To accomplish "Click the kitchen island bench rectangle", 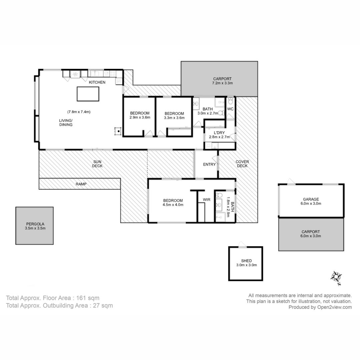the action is pos(88,94).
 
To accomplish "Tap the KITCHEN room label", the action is pos(97,82).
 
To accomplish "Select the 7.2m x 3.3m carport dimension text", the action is pos(222,83).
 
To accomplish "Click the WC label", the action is pos(230,109).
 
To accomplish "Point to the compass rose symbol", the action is pos(336,277).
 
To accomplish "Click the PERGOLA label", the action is pos(35,224).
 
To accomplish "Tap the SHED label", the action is pos(246,261).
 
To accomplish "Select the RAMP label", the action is pos(81,184).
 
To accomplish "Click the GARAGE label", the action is pos(311,199).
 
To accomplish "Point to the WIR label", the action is pos(207,200).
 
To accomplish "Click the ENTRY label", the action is pos(209,164).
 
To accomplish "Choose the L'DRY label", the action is pos(219,133).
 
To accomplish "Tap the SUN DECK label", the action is pos(97,164).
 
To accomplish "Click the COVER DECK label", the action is pos(242,164).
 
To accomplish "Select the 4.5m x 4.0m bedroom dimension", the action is pos(173,205).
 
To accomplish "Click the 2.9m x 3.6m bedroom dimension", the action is pos(140,117).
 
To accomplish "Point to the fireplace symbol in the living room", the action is pos(118,131).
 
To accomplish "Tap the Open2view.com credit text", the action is pos(335,307).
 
